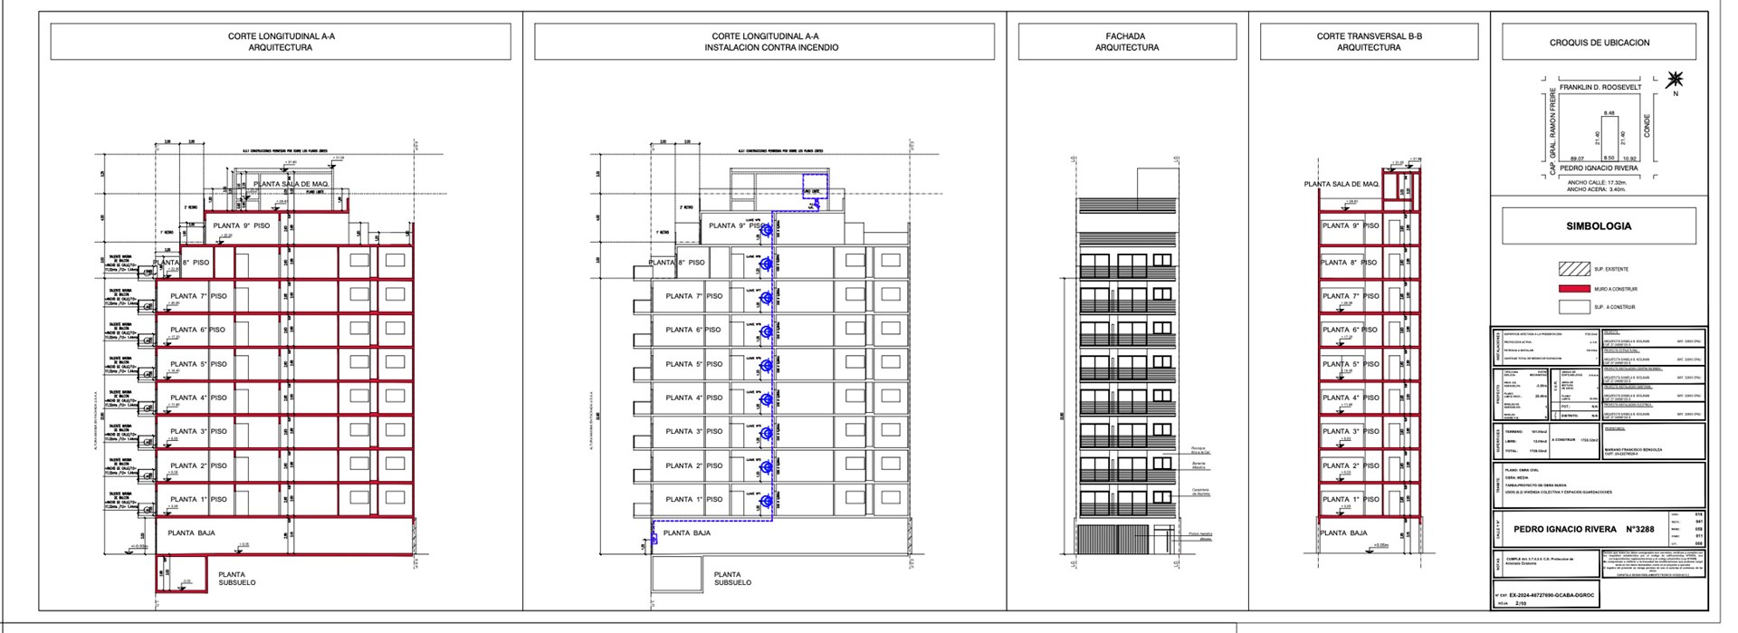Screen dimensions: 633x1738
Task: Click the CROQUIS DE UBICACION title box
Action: tap(1599, 43)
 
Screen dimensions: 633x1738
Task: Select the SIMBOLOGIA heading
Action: tap(1599, 226)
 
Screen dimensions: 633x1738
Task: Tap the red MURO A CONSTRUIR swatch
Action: tap(1574, 289)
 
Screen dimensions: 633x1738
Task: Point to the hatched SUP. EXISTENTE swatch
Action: tap(1574, 269)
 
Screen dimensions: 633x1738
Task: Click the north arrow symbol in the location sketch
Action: tap(1675, 80)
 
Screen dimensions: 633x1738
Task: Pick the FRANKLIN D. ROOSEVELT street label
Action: tap(1599, 88)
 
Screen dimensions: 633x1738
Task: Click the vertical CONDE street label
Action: tap(1647, 126)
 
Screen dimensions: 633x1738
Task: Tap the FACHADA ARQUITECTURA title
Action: tap(1126, 42)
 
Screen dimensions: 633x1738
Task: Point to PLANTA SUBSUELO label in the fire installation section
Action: tap(732, 579)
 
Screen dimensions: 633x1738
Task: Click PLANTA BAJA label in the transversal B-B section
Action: tap(1343, 532)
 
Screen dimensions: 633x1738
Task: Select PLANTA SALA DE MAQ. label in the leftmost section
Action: tap(295, 184)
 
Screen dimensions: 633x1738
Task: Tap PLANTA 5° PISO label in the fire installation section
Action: tap(693, 364)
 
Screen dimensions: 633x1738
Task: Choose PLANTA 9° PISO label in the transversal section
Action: tap(1350, 225)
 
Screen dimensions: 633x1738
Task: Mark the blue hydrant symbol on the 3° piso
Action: tap(766, 433)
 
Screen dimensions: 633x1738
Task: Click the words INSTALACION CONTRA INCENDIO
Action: tap(771, 47)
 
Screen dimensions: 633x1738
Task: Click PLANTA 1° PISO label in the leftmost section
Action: tap(198, 499)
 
